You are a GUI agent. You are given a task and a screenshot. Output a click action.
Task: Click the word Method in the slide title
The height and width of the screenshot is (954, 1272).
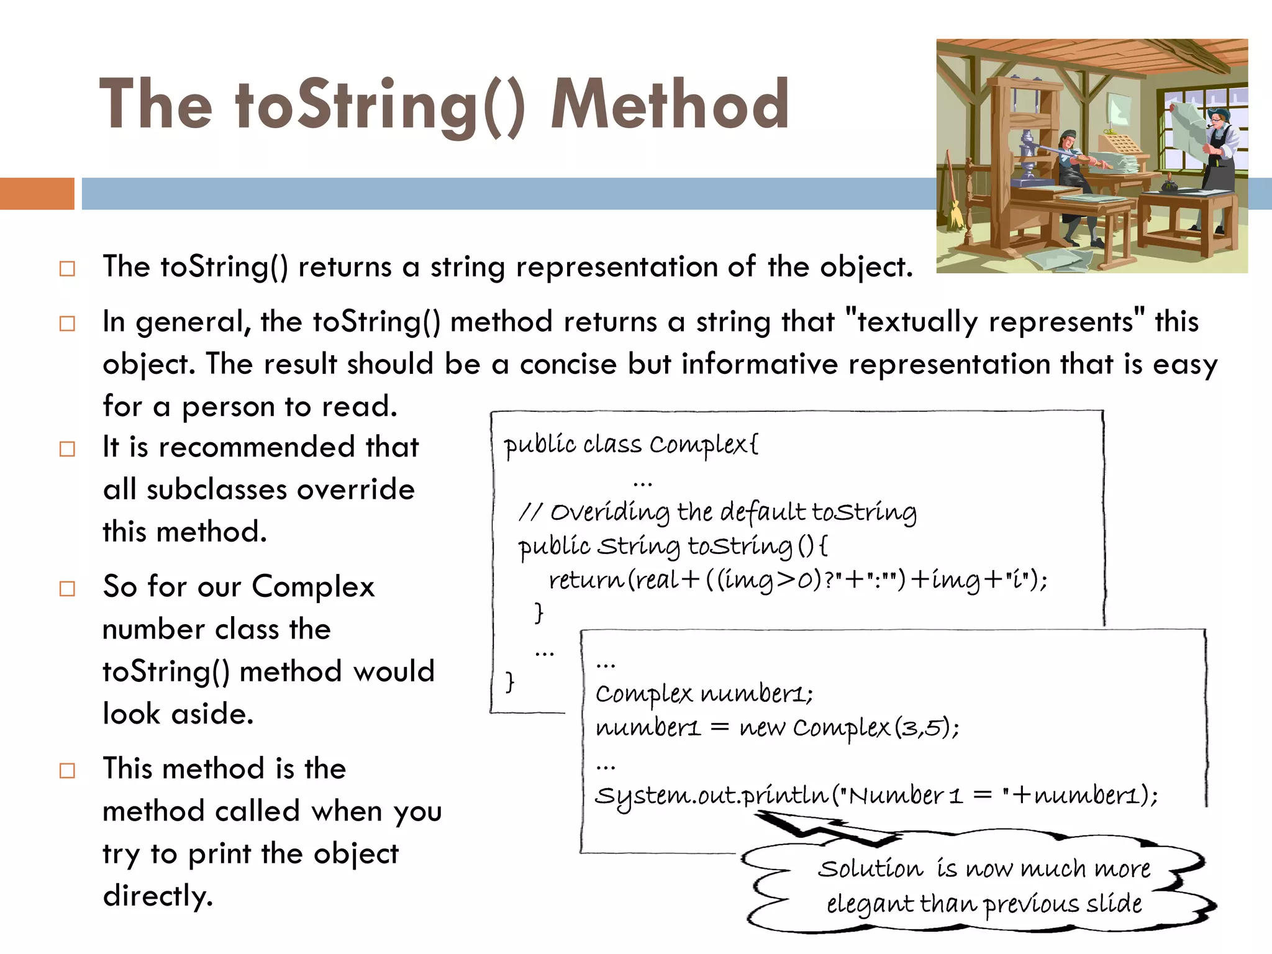tap(670, 104)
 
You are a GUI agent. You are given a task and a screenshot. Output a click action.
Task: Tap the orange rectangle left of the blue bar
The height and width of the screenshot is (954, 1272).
tap(37, 193)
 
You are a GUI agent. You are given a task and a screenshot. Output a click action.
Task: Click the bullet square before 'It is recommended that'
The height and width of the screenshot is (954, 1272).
tap(67, 448)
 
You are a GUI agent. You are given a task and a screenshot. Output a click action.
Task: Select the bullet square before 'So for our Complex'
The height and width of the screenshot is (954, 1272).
tap(67, 588)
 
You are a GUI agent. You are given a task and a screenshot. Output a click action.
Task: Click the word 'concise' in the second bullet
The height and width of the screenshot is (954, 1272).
tap(568, 364)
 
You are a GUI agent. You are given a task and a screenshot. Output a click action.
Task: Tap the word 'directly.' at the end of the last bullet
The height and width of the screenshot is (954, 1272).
tap(158, 896)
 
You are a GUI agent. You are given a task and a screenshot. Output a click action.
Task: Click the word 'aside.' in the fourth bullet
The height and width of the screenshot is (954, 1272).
tap(212, 714)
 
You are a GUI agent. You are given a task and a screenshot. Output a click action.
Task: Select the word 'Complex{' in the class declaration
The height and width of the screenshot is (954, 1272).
tap(704, 445)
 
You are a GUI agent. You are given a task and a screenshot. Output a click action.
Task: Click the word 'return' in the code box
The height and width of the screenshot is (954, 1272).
tap(586, 579)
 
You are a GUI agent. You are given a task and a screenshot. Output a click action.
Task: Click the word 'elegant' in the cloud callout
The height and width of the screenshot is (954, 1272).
tap(870, 904)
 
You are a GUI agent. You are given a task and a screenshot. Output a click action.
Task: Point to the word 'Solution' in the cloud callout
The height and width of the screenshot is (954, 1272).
tap(870, 868)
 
